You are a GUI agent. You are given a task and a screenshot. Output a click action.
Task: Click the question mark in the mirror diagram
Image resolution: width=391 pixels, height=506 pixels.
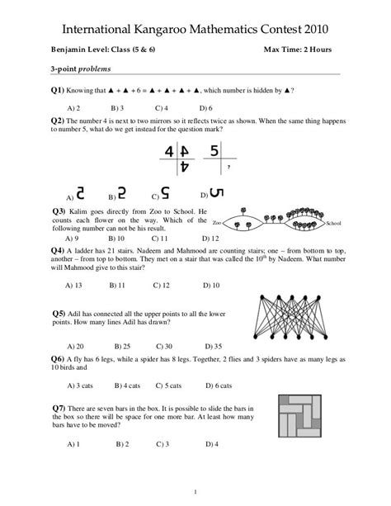(227, 166)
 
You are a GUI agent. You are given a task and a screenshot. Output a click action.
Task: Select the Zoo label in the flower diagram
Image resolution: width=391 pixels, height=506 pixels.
(217, 224)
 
